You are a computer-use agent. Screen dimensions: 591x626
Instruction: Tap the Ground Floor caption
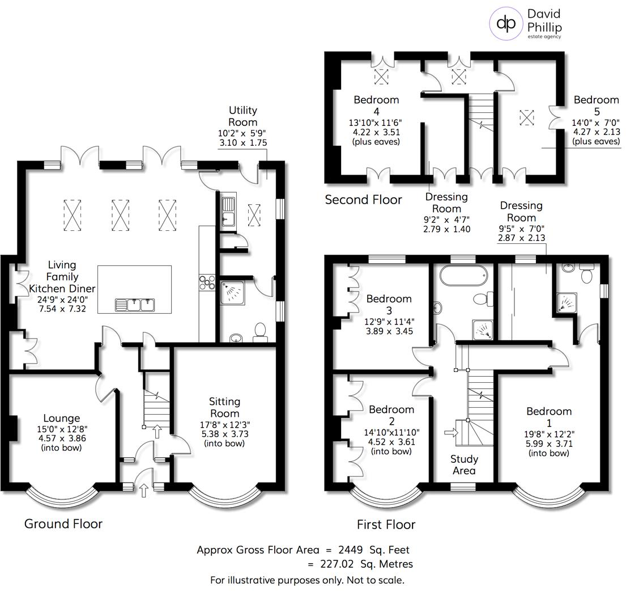coord(63,524)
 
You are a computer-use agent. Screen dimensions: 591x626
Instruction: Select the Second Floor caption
coord(363,200)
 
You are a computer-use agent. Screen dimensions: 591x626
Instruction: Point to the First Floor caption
coord(386,525)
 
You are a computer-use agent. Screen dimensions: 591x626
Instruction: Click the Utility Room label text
coord(242,116)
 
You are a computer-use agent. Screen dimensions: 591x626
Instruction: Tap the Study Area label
coord(464,465)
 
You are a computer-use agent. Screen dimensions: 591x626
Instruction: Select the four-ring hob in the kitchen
coord(205,282)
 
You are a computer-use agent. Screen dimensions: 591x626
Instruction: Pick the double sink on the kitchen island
coord(134,305)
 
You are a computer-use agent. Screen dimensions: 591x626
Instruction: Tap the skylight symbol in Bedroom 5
coord(527,117)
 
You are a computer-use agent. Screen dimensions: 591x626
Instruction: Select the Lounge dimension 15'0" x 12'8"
coord(62,429)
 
